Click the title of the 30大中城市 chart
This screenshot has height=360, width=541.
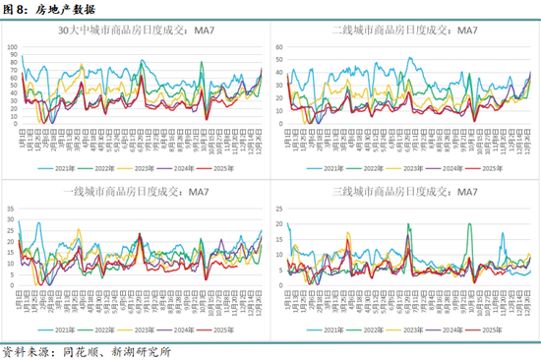coord(139,30)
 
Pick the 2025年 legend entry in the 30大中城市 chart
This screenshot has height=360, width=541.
coord(226,167)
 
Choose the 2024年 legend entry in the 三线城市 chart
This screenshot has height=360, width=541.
coord(453,331)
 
